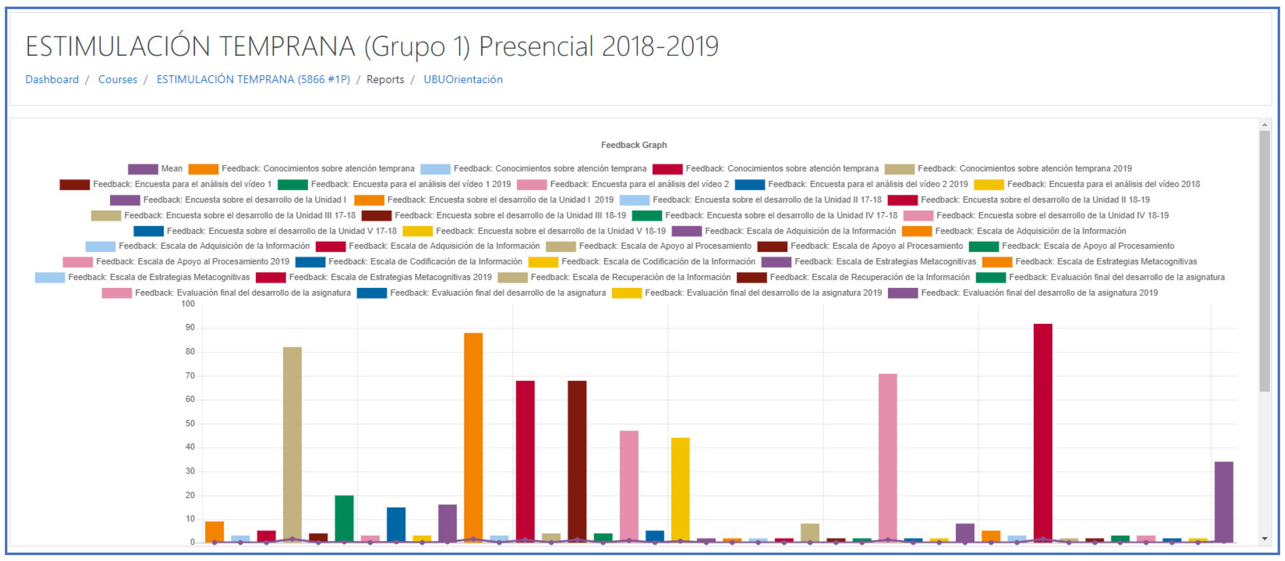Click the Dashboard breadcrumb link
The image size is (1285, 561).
click(x=52, y=79)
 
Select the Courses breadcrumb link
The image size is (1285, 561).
click(x=117, y=79)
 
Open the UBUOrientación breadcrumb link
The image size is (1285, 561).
click(x=462, y=79)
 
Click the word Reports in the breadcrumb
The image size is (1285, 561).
click(x=385, y=79)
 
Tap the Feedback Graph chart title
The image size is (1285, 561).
click(x=634, y=145)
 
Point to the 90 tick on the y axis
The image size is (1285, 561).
click(x=190, y=328)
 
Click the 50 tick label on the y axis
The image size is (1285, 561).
click(x=190, y=423)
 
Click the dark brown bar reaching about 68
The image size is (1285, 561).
click(x=577, y=461)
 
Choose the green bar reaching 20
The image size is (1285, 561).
click(x=344, y=519)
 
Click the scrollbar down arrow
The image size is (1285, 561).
click(x=1264, y=539)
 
